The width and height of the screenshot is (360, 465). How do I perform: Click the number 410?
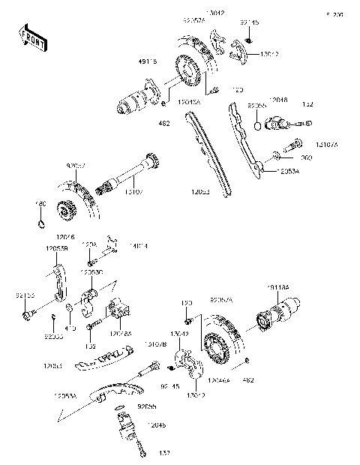[70, 328]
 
